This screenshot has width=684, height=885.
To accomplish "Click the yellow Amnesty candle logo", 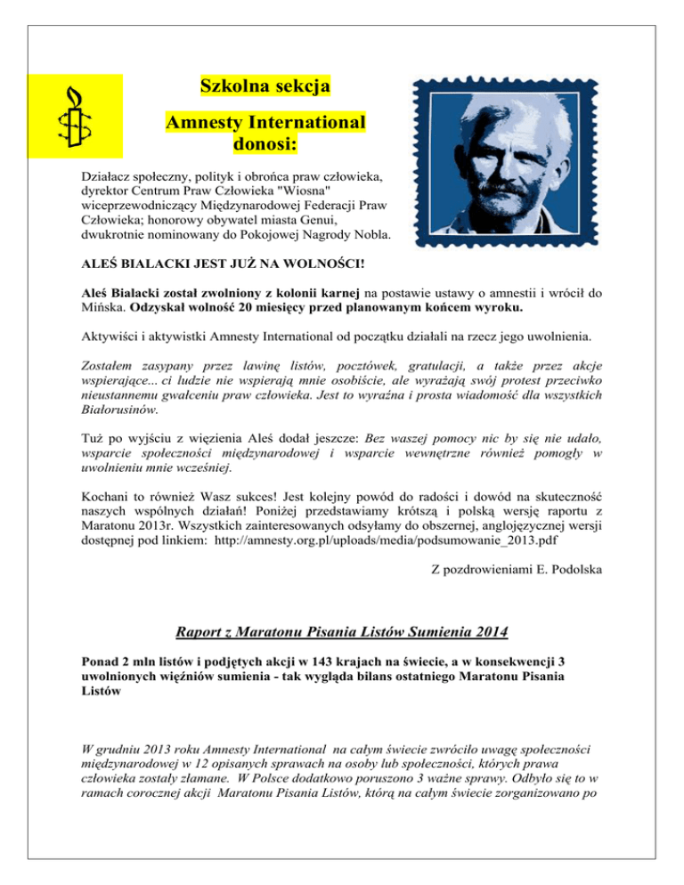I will click(x=69, y=115).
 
